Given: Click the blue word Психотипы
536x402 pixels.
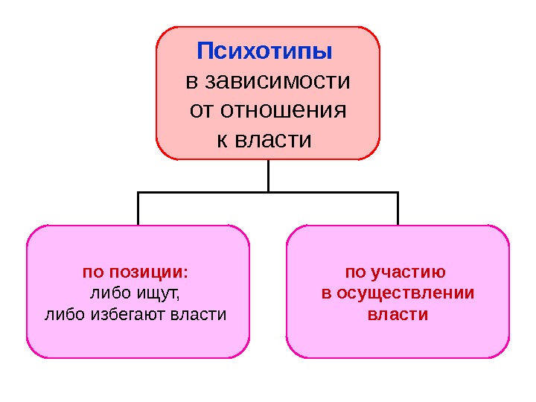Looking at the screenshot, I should tap(264, 53).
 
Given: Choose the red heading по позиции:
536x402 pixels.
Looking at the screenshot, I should tap(135, 271).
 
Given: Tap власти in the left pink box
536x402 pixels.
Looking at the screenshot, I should tap(199, 313).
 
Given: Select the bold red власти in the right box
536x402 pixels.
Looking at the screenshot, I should tap(398, 313).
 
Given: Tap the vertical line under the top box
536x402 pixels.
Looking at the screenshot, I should tap(268, 176).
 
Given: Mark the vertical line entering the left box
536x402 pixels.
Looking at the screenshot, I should tap(138, 208).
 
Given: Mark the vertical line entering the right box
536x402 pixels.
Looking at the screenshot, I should tap(398, 208).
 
